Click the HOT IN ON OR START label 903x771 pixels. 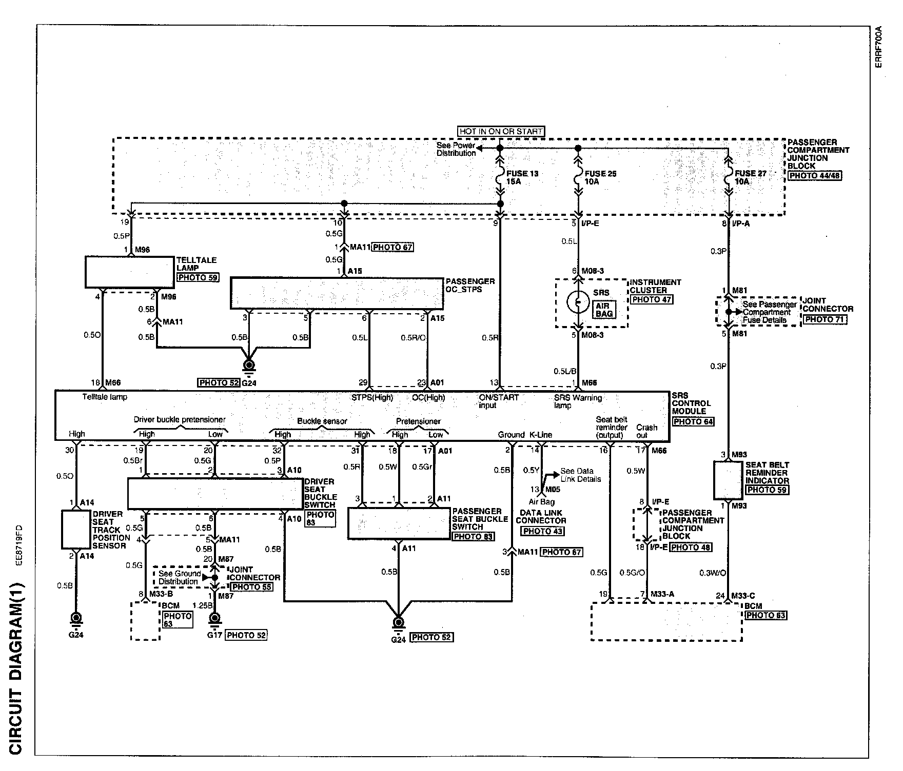[500, 131]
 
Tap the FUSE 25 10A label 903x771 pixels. [601, 177]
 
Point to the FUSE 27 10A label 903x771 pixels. [751, 177]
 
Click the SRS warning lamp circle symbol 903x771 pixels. [578, 302]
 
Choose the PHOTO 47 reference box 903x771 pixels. [652, 299]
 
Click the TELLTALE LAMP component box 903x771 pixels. [129, 272]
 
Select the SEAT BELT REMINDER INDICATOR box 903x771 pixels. [728, 480]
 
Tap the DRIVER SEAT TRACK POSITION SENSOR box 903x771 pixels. [76, 529]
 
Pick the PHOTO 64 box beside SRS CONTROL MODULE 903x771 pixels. [694, 422]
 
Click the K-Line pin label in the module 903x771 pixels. [541, 435]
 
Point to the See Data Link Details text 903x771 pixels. [580, 475]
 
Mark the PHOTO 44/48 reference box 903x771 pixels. [815, 175]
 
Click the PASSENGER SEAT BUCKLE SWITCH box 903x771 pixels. [399, 523]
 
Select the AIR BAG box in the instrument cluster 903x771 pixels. [604, 310]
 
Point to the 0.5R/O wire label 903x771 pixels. [414, 338]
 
